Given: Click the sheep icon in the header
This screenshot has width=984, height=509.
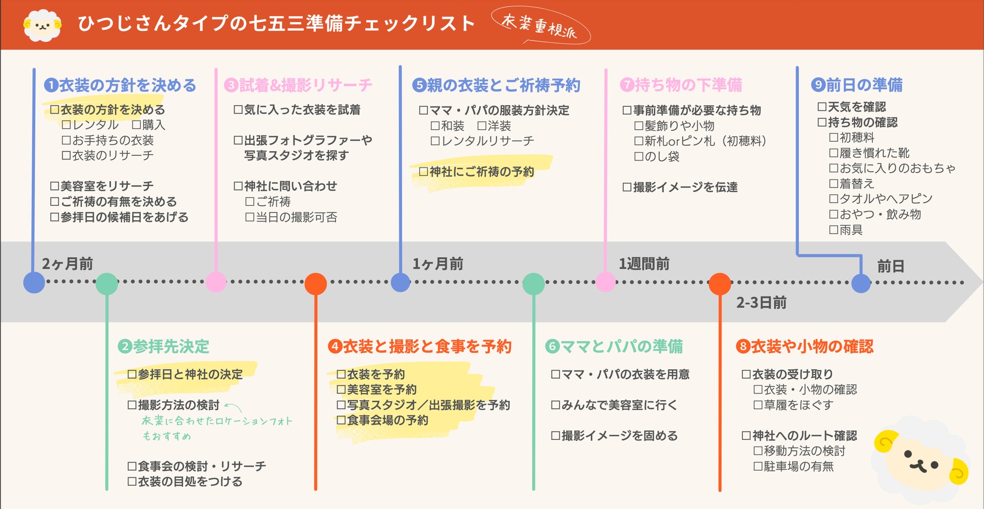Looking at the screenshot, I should point(42,25).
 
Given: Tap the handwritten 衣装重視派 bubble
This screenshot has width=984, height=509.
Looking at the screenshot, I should point(540,25).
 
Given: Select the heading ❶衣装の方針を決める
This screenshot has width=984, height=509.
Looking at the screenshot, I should point(120,85).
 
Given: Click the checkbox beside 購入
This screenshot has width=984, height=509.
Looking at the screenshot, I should point(136,125).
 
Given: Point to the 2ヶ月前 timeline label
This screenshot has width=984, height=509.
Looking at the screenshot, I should point(67,264).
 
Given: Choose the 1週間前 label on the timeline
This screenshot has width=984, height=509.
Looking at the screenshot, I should point(644,264).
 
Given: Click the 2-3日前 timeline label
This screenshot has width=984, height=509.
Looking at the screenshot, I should point(761,303).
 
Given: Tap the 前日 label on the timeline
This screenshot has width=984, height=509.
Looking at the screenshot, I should point(890,266).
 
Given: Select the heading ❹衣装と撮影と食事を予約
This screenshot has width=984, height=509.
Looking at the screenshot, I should point(420,347).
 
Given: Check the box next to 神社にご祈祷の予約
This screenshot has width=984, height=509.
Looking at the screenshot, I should point(423,172).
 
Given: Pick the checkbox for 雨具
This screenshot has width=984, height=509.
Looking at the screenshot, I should point(834,230).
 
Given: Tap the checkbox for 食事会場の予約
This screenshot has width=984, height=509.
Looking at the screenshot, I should point(341,420).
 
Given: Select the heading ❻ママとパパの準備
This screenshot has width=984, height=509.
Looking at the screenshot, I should point(614,347).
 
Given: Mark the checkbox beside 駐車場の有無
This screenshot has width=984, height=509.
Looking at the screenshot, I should point(758,467).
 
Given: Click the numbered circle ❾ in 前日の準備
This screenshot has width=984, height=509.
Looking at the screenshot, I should point(818,85).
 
